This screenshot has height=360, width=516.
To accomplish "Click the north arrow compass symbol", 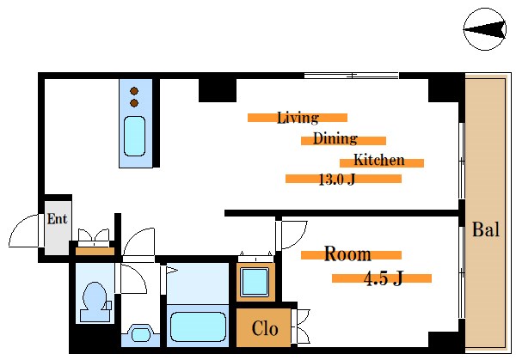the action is (485, 29).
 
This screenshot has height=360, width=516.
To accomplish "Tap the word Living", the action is (298, 118).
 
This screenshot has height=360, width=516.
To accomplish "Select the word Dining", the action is (335, 138).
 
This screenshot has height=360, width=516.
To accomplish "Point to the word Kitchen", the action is (379, 160).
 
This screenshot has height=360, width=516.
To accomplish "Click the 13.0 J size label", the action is (336, 180).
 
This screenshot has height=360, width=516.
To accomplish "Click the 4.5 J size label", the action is (384, 278).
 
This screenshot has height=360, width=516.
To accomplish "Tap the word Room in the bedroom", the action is (347, 253).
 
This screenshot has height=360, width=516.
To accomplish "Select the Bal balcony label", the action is (486, 229).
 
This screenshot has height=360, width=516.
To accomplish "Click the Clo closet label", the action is (265, 328).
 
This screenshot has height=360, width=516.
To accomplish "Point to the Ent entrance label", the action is (58, 219).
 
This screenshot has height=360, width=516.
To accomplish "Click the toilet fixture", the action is (95, 302).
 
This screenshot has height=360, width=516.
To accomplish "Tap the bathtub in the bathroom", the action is (198, 326).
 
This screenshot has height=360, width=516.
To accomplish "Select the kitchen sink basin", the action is (134, 136).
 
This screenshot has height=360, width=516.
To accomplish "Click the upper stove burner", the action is (134, 91).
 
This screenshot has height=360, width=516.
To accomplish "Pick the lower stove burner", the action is (134, 103).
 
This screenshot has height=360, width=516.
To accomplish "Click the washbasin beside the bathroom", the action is (141, 334).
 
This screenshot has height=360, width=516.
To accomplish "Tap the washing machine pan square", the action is (255, 282).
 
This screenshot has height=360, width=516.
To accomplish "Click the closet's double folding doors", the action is (302, 326).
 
